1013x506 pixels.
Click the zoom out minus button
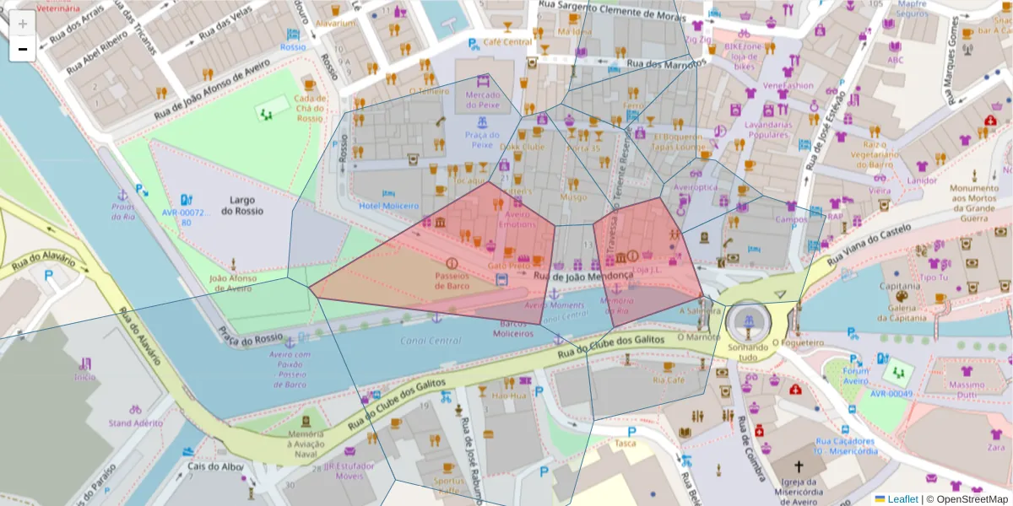(x=22, y=49)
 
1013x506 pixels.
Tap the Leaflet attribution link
(x=902, y=499)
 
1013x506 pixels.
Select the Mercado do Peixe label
(x=482, y=100)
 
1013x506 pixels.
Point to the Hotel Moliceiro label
(x=388, y=206)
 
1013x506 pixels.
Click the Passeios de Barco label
(x=452, y=280)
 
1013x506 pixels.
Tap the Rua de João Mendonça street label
(x=583, y=276)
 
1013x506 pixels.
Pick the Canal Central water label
(x=432, y=341)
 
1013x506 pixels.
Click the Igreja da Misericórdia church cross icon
(x=799, y=466)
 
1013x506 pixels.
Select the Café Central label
(x=507, y=42)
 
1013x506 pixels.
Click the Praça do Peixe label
(x=481, y=139)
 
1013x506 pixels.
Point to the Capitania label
(x=898, y=285)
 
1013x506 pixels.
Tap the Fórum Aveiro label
(x=855, y=375)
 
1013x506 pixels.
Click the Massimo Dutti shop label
(x=967, y=390)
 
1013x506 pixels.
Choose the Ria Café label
(x=669, y=380)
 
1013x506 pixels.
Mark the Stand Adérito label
(x=135, y=423)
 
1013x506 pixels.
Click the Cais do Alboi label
(x=215, y=466)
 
